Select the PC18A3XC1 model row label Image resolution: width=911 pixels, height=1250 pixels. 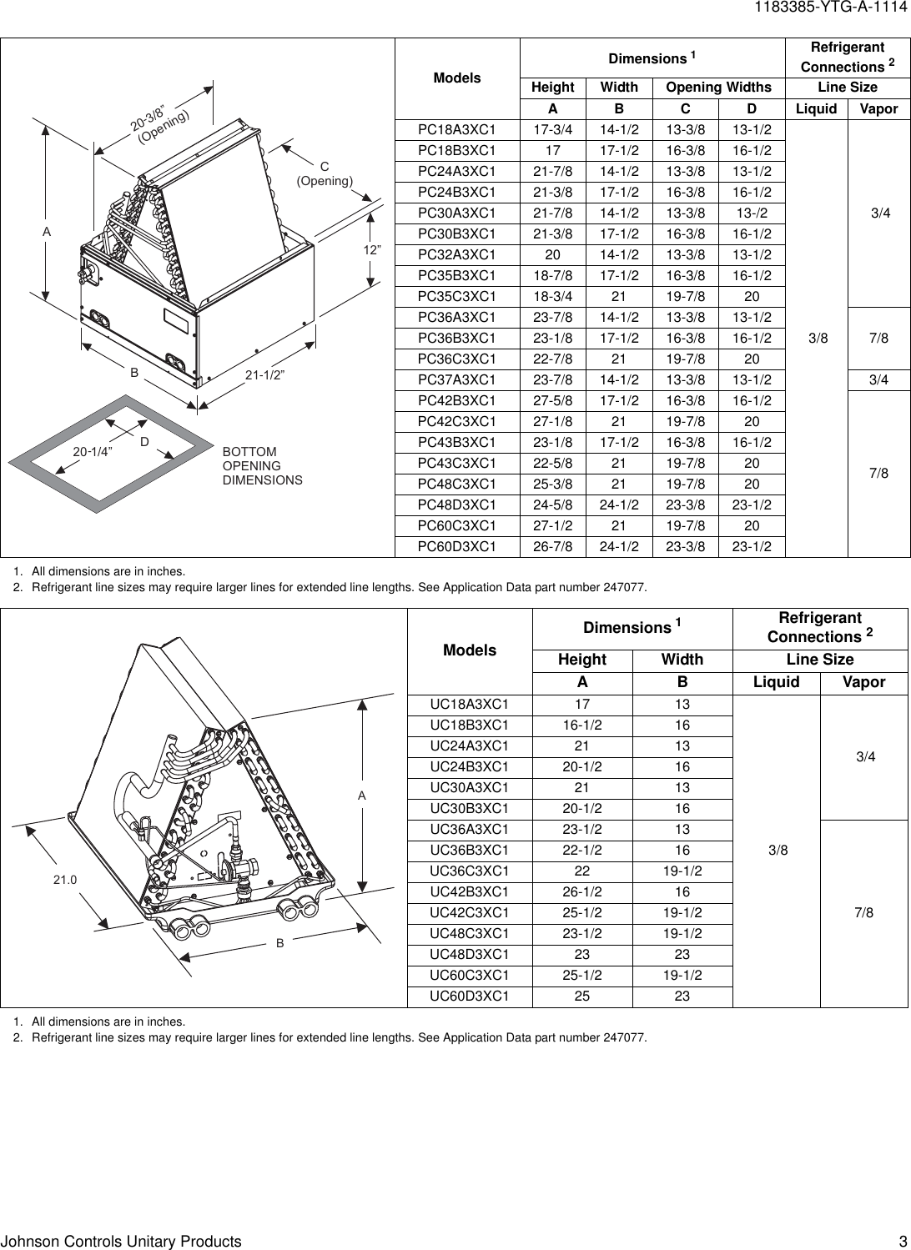pos(456,130)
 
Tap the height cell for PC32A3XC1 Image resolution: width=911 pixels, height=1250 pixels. pos(552,255)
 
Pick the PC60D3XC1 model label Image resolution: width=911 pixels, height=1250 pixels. pos(456,547)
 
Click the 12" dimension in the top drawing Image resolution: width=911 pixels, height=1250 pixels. pos(372,250)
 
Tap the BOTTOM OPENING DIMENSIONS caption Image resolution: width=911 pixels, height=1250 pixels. pos(262,466)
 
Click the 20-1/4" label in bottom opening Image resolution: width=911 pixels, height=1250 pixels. pos(93,451)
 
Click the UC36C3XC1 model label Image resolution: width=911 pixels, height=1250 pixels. pos(469,871)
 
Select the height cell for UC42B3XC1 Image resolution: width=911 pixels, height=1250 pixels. pos(581,891)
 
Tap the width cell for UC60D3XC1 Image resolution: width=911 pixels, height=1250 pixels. pos(682,996)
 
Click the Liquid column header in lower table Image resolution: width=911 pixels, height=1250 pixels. pos(776,682)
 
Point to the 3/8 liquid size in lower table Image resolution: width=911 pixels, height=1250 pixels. pos(777,851)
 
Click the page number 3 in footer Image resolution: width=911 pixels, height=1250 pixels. pos(902,1241)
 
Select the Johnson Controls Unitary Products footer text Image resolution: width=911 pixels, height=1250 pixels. pos(121,1241)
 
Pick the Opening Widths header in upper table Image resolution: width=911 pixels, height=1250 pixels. pos(717,88)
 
